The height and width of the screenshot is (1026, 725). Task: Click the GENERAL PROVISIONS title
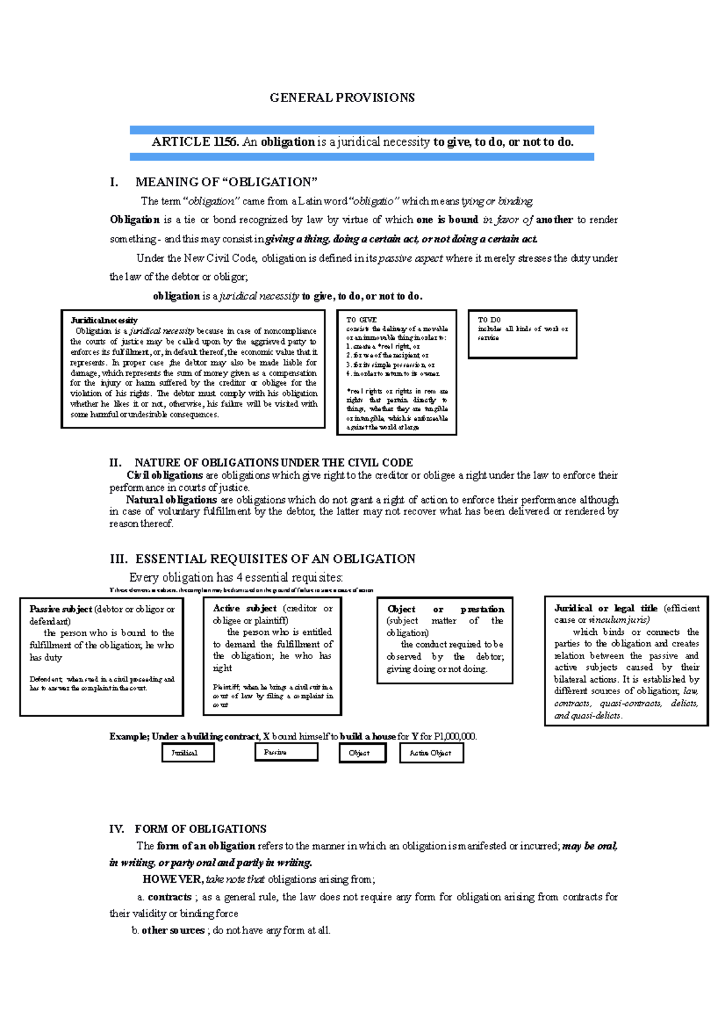(342, 98)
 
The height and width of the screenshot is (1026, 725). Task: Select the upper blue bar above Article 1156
(361, 129)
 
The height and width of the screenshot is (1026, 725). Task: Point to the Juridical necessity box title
(104, 320)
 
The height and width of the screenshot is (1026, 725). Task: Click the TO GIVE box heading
(361, 320)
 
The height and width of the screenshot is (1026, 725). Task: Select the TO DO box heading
(489, 320)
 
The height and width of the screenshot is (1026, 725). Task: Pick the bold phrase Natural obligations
(171, 500)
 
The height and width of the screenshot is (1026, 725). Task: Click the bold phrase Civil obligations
(164, 475)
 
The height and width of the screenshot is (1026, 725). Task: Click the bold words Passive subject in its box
(60, 609)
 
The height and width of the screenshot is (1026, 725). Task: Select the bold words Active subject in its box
(244, 609)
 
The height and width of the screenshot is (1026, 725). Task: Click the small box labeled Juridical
(188, 753)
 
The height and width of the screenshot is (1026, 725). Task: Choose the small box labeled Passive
(286, 752)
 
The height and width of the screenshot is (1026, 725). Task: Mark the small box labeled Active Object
(431, 753)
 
